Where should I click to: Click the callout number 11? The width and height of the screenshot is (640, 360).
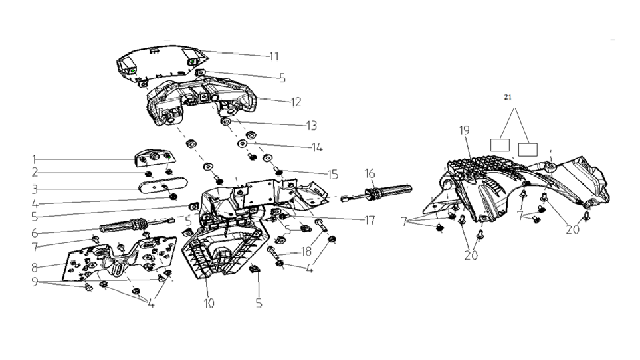pos(274,56)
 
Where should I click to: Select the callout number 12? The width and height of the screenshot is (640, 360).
pos(296,102)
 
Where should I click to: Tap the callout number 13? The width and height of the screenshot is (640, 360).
pos(312,125)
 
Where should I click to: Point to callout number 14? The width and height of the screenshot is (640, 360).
pos(317,147)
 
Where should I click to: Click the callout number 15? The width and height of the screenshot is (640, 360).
pos(333,175)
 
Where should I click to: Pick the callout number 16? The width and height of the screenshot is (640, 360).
pos(370,173)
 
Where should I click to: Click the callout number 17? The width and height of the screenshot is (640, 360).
pos(370,221)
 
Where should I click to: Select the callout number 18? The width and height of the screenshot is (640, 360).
pos(306,252)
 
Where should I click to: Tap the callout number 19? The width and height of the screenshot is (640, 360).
pos(465,130)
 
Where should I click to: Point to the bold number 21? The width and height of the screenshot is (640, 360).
pos(508,98)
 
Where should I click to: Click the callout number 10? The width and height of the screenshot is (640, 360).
pos(209,304)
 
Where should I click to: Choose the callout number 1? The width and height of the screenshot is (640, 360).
pos(35,159)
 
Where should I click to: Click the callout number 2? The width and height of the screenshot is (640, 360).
pos(35,173)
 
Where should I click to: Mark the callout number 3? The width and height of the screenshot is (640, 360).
pos(35,189)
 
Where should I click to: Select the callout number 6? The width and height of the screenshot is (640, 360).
pos(35,233)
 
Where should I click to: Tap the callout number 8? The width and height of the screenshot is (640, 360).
pos(35,268)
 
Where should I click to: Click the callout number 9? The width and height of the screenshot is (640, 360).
pos(35,282)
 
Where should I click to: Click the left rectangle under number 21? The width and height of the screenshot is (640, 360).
pos(500,145)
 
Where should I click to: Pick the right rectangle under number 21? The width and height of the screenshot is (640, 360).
pos(528,149)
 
